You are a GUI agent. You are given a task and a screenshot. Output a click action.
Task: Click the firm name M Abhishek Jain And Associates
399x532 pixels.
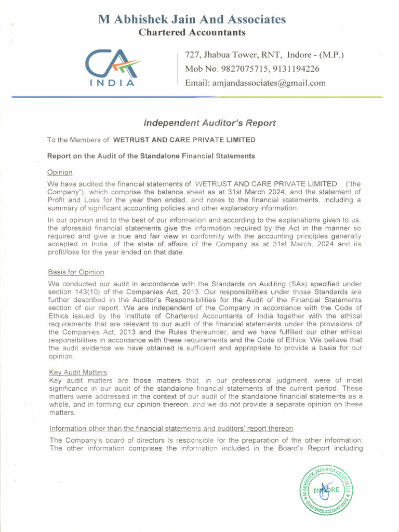tap(192, 20)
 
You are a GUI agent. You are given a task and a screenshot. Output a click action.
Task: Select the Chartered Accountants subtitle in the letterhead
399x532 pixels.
tap(192, 33)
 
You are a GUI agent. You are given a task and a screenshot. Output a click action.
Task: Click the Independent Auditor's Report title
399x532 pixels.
tap(209, 123)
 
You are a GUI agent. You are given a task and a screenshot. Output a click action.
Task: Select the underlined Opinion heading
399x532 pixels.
tap(60, 172)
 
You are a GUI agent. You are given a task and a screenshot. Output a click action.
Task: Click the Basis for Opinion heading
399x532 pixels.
tap(76, 272)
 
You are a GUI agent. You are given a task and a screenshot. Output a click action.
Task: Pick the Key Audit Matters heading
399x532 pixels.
tap(78, 372)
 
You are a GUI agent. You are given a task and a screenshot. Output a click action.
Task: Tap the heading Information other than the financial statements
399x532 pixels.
tap(171, 428)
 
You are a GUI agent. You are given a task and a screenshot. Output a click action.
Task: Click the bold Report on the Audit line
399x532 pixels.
tap(151, 156)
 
